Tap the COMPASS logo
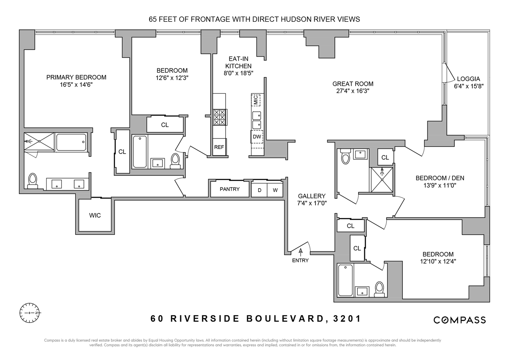pyautogui.click(x=460, y=320)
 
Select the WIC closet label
pyautogui.click(x=95, y=215)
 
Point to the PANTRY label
pyautogui.click(x=229, y=189)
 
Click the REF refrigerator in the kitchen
pyautogui.click(x=219, y=147)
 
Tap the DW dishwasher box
pyautogui.click(x=257, y=137)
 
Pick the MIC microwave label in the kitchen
pyautogui.click(x=256, y=99)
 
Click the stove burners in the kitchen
pyautogui.click(x=219, y=117)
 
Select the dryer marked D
pyautogui.click(x=259, y=190)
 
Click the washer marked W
pyautogui.click(x=275, y=190)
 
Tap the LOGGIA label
pyautogui.click(x=468, y=79)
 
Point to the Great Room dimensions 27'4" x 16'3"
pyautogui.click(x=353, y=91)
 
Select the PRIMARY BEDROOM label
pyautogui.click(x=76, y=77)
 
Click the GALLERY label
pyautogui.click(x=312, y=196)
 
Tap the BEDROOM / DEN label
pyautogui.click(x=440, y=178)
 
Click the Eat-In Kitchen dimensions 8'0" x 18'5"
pyautogui.click(x=239, y=73)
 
